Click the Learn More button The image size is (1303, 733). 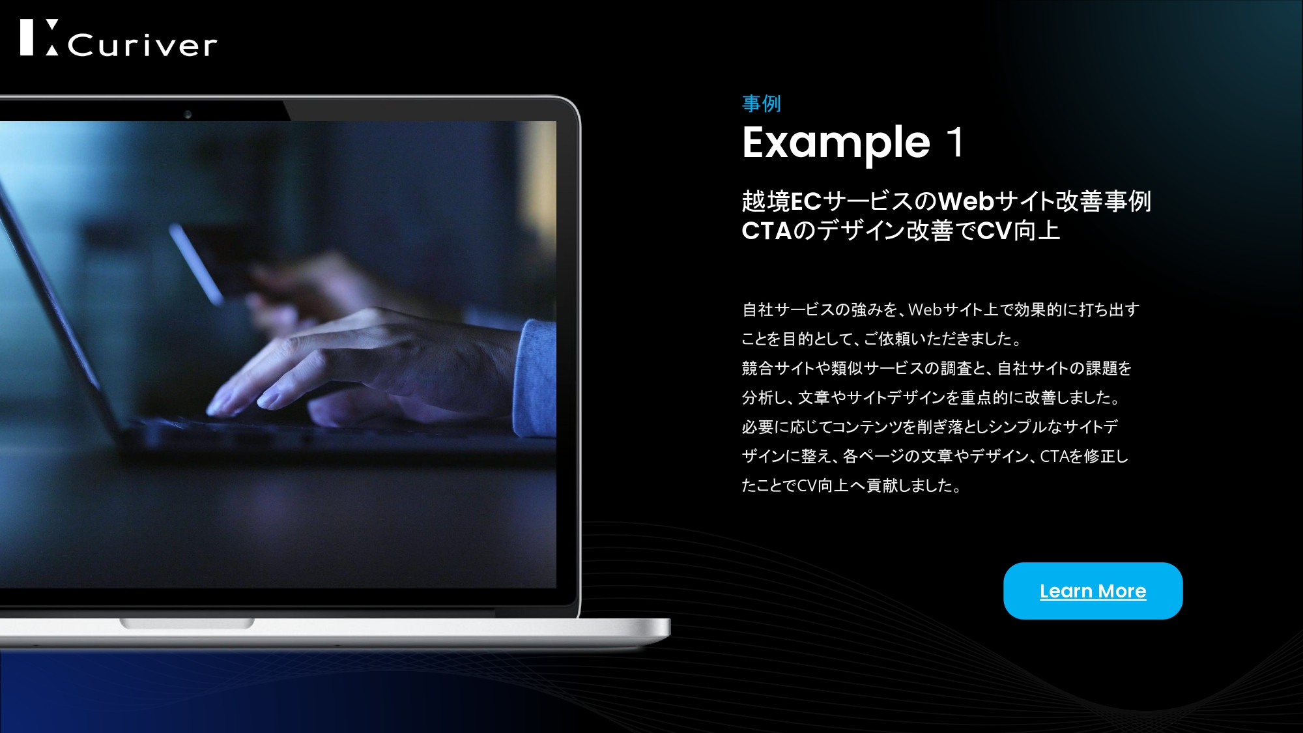point(1093,591)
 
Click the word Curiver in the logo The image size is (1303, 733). point(141,45)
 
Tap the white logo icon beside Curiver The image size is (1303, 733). point(39,37)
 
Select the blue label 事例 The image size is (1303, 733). point(761,104)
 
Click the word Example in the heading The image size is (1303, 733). point(836,143)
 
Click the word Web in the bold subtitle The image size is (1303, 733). point(966,201)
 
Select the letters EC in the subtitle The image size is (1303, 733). point(806,201)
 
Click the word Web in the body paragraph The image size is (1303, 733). point(925,309)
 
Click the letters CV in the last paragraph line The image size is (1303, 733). point(807,485)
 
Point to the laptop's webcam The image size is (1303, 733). point(188,115)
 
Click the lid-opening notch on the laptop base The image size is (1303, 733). point(186,624)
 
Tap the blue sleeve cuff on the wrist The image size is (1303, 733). point(536,378)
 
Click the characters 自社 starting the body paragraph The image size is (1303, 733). point(757,309)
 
